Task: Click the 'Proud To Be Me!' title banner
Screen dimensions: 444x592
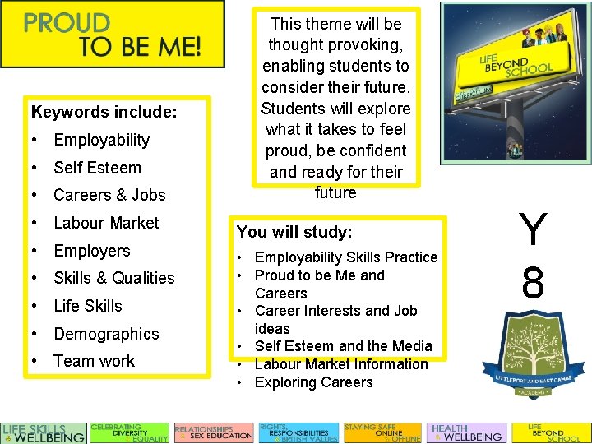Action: tap(112, 35)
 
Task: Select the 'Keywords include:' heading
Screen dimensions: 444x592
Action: tap(104, 111)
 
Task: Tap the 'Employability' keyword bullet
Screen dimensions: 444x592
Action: tap(101, 140)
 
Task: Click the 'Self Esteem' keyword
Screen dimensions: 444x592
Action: tap(97, 168)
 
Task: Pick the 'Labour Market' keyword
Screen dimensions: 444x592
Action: tap(106, 223)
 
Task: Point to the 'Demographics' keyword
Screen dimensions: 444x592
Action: tap(106, 334)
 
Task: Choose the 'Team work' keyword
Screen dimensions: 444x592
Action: tap(94, 361)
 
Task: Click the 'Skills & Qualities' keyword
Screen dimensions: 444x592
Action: tap(113, 278)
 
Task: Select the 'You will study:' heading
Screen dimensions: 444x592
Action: tap(294, 233)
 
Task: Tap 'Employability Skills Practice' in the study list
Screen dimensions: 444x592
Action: tap(346, 257)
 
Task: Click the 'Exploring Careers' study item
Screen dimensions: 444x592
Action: tap(313, 382)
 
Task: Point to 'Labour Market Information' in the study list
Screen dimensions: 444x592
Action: tap(341, 364)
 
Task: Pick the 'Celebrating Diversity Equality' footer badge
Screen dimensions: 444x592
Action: tap(129, 432)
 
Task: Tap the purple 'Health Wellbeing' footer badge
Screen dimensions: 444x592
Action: tap(466, 432)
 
